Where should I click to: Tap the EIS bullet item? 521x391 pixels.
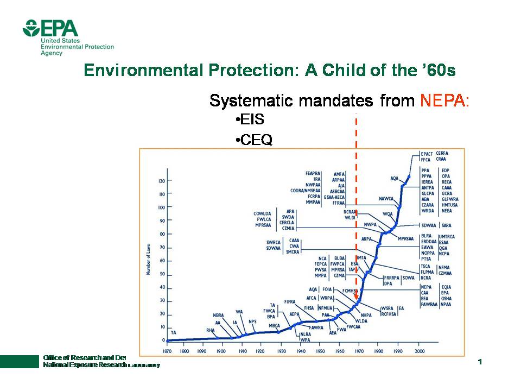(250, 120)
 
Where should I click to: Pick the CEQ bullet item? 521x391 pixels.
(254, 140)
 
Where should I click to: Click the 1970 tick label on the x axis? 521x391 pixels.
(359, 351)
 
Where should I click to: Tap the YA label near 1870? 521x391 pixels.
(173, 332)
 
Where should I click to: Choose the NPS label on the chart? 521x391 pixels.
(252, 322)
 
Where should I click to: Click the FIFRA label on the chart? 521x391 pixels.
(289, 301)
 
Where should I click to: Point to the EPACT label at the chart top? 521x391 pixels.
(427, 154)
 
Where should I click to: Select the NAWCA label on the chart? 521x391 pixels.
(386, 199)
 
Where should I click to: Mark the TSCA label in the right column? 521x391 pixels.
(425, 267)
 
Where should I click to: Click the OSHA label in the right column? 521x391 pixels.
(446, 299)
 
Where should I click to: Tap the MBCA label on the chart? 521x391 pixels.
(274, 326)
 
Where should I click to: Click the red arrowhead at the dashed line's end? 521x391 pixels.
(356, 298)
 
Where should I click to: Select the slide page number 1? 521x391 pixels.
(480, 362)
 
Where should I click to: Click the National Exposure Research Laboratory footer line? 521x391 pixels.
(101, 365)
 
